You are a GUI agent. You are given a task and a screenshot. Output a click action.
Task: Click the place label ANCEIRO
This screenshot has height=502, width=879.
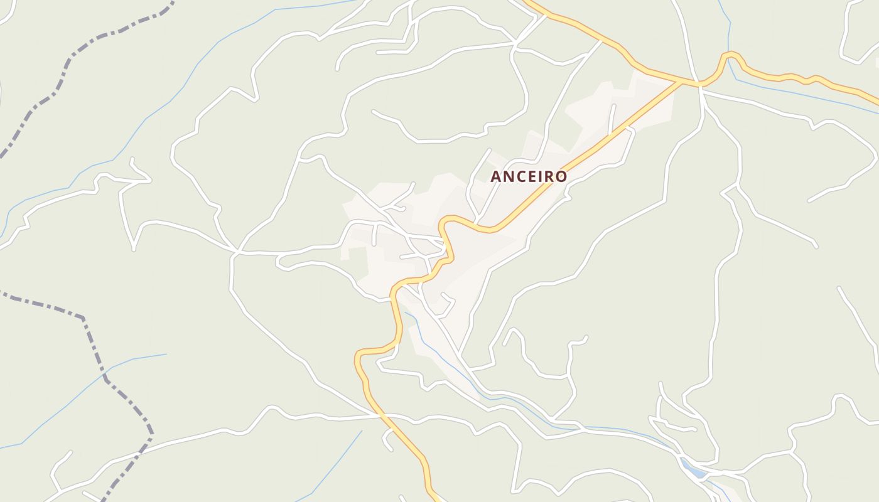[529, 177]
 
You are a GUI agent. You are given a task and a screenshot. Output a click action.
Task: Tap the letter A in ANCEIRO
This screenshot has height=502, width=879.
[496, 177]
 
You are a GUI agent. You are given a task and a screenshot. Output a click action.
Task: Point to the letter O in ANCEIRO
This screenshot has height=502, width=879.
[561, 177]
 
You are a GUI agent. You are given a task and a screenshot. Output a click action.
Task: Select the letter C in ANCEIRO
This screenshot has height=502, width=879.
[520, 177]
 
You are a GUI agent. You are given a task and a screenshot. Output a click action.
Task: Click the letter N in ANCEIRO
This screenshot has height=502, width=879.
[508, 177]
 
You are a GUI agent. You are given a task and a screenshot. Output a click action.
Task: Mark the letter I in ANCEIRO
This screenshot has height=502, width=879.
[541, 177]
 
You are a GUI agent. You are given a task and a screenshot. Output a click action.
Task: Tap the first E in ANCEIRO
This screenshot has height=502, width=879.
[531, 177]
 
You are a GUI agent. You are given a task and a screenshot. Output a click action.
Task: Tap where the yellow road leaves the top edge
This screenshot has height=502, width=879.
[527, 3]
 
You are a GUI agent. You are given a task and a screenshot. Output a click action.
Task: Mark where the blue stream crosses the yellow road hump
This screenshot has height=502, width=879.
[730, 55]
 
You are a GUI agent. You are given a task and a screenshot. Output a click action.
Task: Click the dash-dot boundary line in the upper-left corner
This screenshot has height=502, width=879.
[69, 63]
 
